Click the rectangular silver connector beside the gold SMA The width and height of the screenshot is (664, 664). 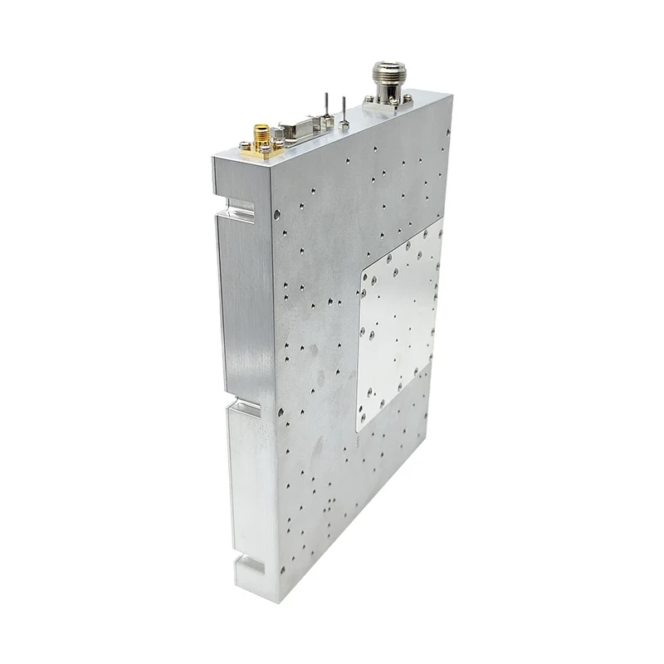point(295,133)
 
